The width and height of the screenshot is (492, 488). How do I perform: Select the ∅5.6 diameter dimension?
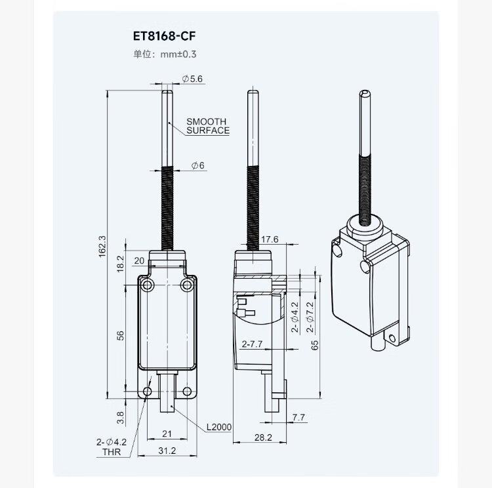(192, 79)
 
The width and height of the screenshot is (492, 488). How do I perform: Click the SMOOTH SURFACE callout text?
(207, 126)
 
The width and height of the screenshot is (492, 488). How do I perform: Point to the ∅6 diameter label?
(198, 167)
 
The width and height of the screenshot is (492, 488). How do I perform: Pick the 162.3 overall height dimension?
(101, 247)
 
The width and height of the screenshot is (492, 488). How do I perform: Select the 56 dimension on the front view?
(120, 335)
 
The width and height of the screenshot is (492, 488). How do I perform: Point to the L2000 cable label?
(218, 428)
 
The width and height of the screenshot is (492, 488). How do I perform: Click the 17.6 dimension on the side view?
(270, 240)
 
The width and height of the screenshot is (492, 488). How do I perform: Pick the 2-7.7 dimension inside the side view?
(252, 343)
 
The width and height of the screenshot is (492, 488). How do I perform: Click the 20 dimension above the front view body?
(138, 260)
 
